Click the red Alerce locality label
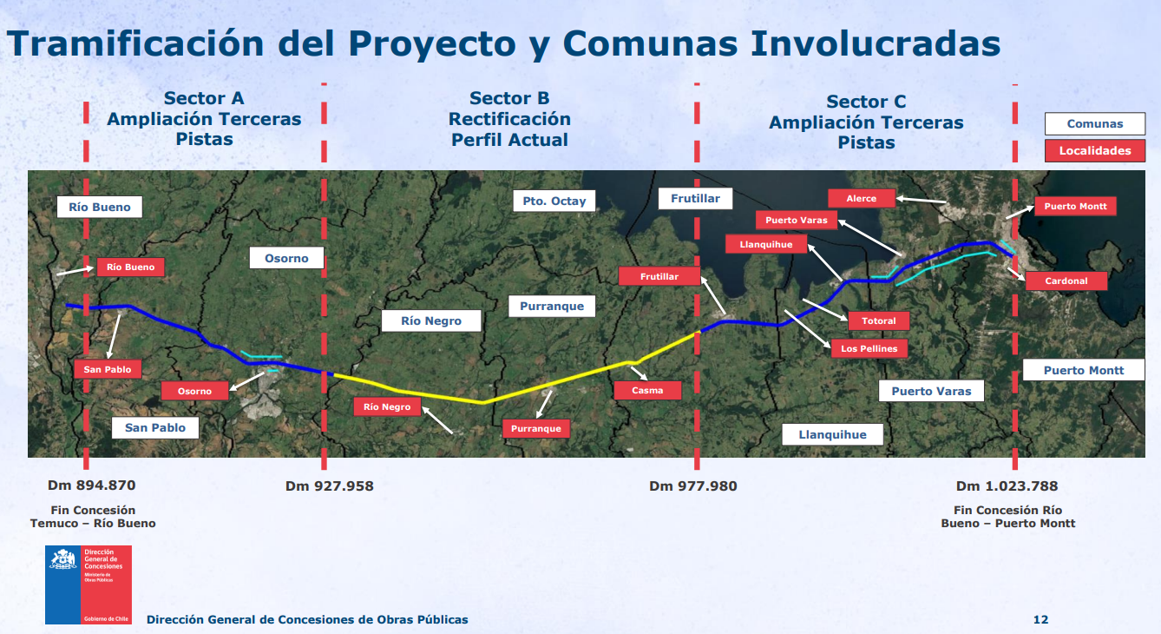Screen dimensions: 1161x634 pyautogui.click(x=862, y=198)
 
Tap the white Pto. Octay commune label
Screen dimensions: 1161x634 pyautogui.click(x=554, y=201)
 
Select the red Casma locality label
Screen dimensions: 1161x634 pyautogui.click(x=647, y=390)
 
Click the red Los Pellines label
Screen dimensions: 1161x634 pyautogui.click(x=869, y=348)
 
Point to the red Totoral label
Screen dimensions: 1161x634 pyautogui.click(x=878, y=320)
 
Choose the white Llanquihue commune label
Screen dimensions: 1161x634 pyautogui.click(x=832, y=435)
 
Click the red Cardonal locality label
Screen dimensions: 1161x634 pyautogui.click(x=1066, y=281)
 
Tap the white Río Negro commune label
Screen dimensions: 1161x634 pyautogui.click(x=431, y=320)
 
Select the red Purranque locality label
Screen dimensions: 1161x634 pyautogui.click(x=536, y=428)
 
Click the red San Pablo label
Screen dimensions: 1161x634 pyautogui.click(x=108, y=369)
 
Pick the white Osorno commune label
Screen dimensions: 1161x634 pyautogui.click(x=286, y=258)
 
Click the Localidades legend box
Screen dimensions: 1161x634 pyautogui.click(x=1095, y=150)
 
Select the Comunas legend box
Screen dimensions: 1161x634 pyautogui.click(x=1095, y=123)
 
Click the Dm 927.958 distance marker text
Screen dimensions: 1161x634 pyautogui.click(x=330, y=486)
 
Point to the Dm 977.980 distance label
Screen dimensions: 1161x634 pyautogui.click(x=693, y=486)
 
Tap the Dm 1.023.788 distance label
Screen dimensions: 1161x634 pyautogui.click(x=1007, y=486)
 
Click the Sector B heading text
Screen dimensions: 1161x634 pyautogui.click(x=509, y=98)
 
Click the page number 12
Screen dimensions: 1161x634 pyautogui.click(x=1040, y=619)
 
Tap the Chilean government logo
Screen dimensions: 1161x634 pyautogui.click(x=89, y=584)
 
